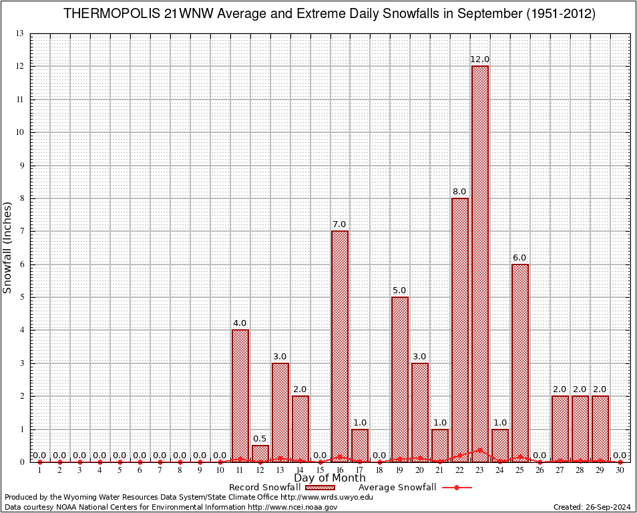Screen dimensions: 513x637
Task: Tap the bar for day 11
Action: tap(240, 394)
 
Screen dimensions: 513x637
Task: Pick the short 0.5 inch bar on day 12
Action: tap(260, 453)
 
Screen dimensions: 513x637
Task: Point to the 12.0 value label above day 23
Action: tap(480, 59)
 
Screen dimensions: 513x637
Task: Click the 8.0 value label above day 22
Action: tap(460, 192)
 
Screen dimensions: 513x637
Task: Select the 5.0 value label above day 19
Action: tap(400, 291)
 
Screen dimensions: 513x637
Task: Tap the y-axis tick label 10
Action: tap(19, 132)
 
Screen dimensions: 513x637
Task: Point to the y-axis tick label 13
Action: tap(19, 33)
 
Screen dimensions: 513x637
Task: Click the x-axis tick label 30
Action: tap(620, 470)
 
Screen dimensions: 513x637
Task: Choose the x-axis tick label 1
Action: tap(40, 470)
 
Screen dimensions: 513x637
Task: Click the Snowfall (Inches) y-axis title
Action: tap(8, 248)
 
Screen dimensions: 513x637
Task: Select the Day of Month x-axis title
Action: tap(330, 478)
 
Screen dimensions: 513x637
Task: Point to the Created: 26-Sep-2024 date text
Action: tap(592, 507)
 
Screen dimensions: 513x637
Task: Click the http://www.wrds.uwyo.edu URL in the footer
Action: tap(327, 497)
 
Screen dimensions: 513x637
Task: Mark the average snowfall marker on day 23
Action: tap(480, 450)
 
